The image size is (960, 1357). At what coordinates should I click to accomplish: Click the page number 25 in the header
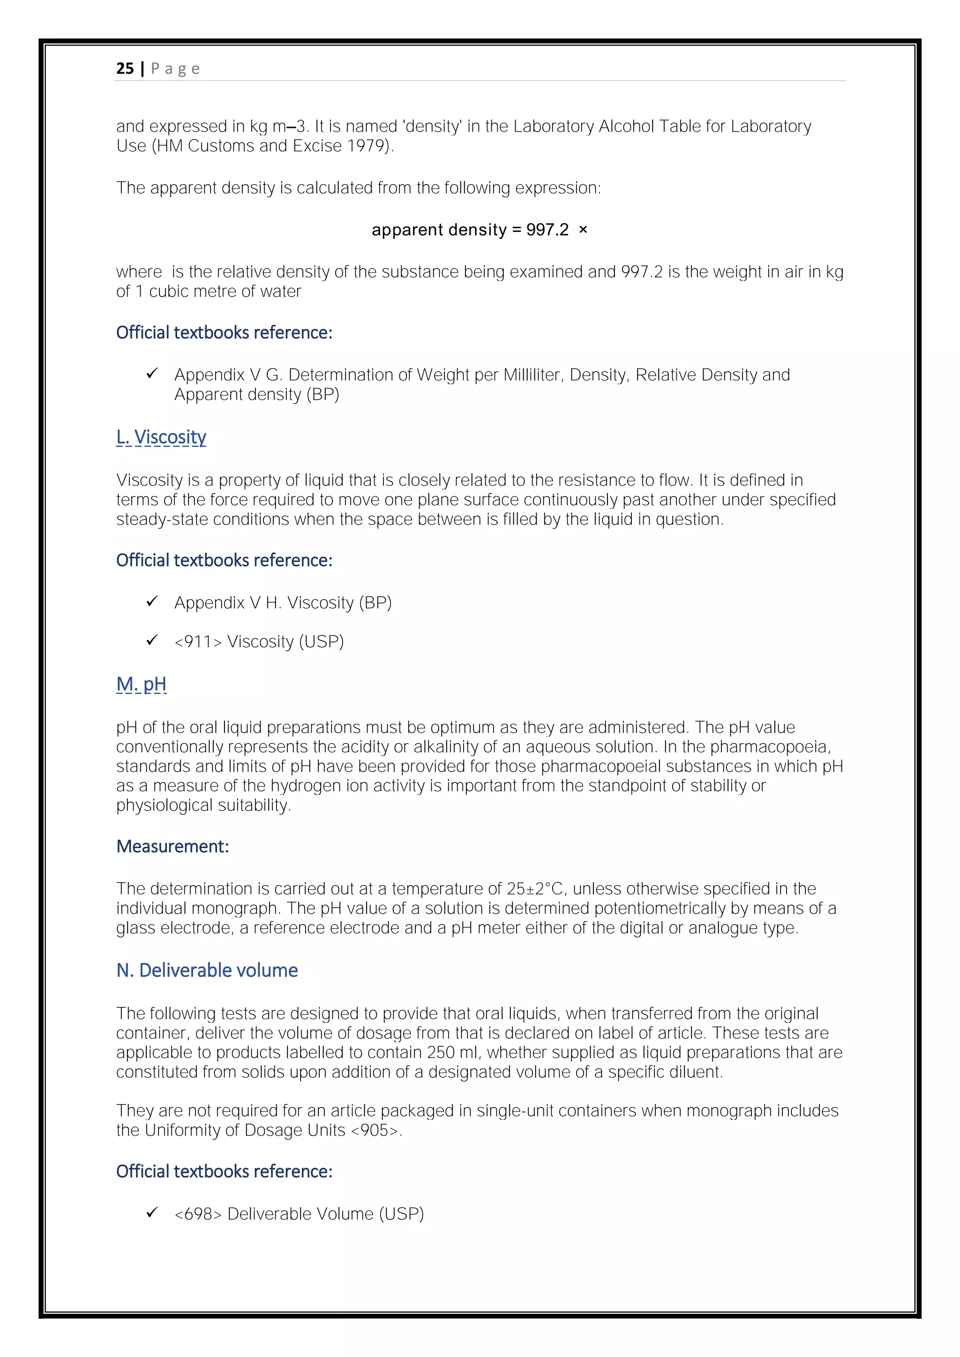tap(125, 68)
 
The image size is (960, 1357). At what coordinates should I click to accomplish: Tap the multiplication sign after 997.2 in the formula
tap(583, 230)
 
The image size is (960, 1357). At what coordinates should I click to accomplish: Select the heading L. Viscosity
tap(161, 437)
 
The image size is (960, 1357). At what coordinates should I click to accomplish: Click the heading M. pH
tap(141, 685)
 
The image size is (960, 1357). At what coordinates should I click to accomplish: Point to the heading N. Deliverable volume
tap(207, 970)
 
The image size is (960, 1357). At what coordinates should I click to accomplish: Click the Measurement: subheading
tap(172, 846)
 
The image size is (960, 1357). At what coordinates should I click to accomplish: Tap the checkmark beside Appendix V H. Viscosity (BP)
tap(152, 602)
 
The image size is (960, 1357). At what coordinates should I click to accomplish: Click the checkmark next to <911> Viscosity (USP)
tap(152, 641)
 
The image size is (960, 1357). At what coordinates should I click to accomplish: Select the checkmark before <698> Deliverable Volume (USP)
tap(152, 1213)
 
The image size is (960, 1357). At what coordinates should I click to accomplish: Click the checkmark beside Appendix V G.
tap(152, 374)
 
